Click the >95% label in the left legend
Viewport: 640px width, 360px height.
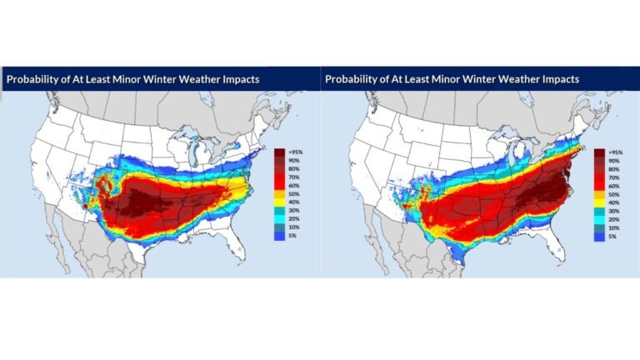tap(296, 152)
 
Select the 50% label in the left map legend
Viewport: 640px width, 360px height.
tap(294, 194)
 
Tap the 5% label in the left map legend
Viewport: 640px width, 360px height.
tap(293, 236)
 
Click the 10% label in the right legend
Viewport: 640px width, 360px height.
tap(612, 227)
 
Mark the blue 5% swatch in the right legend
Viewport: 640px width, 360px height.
tap(598, 236)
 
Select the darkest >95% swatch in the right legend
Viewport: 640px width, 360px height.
tap(598, 153)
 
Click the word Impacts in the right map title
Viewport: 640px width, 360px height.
tap(556, 79)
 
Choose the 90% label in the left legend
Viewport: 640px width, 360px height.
tap(294, 161)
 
